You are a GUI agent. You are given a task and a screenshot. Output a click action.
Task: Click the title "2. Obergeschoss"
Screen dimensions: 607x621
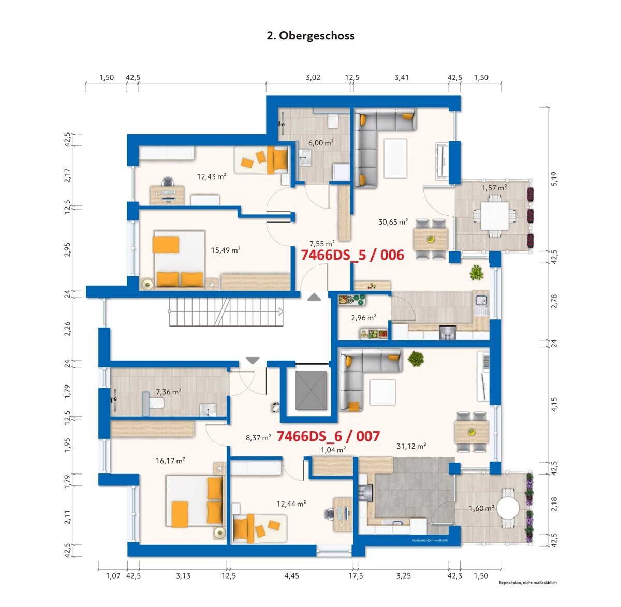[310, 36]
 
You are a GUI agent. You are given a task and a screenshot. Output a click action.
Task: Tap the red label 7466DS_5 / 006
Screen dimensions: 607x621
[352, 255]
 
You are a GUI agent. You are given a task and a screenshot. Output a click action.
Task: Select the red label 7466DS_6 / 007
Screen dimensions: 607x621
[328, 436]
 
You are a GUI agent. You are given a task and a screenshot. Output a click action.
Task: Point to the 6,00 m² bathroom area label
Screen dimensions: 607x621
[321, 143]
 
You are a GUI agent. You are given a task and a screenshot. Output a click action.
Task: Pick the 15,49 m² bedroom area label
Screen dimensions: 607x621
[226, 250]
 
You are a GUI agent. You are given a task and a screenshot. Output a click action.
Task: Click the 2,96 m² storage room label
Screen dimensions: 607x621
[363, 318]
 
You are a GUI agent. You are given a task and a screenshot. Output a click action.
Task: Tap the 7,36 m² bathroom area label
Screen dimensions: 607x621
[168, 392]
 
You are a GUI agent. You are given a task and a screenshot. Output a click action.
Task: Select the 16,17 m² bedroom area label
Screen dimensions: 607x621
[171, 460]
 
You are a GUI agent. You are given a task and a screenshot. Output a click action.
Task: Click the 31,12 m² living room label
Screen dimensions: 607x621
[411, 446]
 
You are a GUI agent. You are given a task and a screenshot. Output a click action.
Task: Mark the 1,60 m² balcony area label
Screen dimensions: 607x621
[481, 508]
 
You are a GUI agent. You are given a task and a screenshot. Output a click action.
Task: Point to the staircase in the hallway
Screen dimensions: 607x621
[225, 312]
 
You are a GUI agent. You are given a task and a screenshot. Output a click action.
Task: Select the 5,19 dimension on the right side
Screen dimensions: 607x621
[554, 179]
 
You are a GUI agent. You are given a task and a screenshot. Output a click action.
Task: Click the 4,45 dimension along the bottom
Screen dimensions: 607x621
[291, 575]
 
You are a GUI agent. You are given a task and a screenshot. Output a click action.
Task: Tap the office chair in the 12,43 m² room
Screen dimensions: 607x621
[168, 182]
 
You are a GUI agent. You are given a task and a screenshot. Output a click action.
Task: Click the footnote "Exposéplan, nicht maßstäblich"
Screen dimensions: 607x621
[527, 583]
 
